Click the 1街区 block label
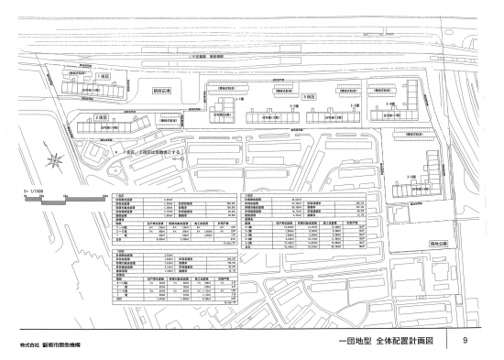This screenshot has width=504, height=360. click(x=104, y=78)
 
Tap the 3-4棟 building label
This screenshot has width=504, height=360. click(x=390, y=106)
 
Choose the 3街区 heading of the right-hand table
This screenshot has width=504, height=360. click(x=248, y=195)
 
